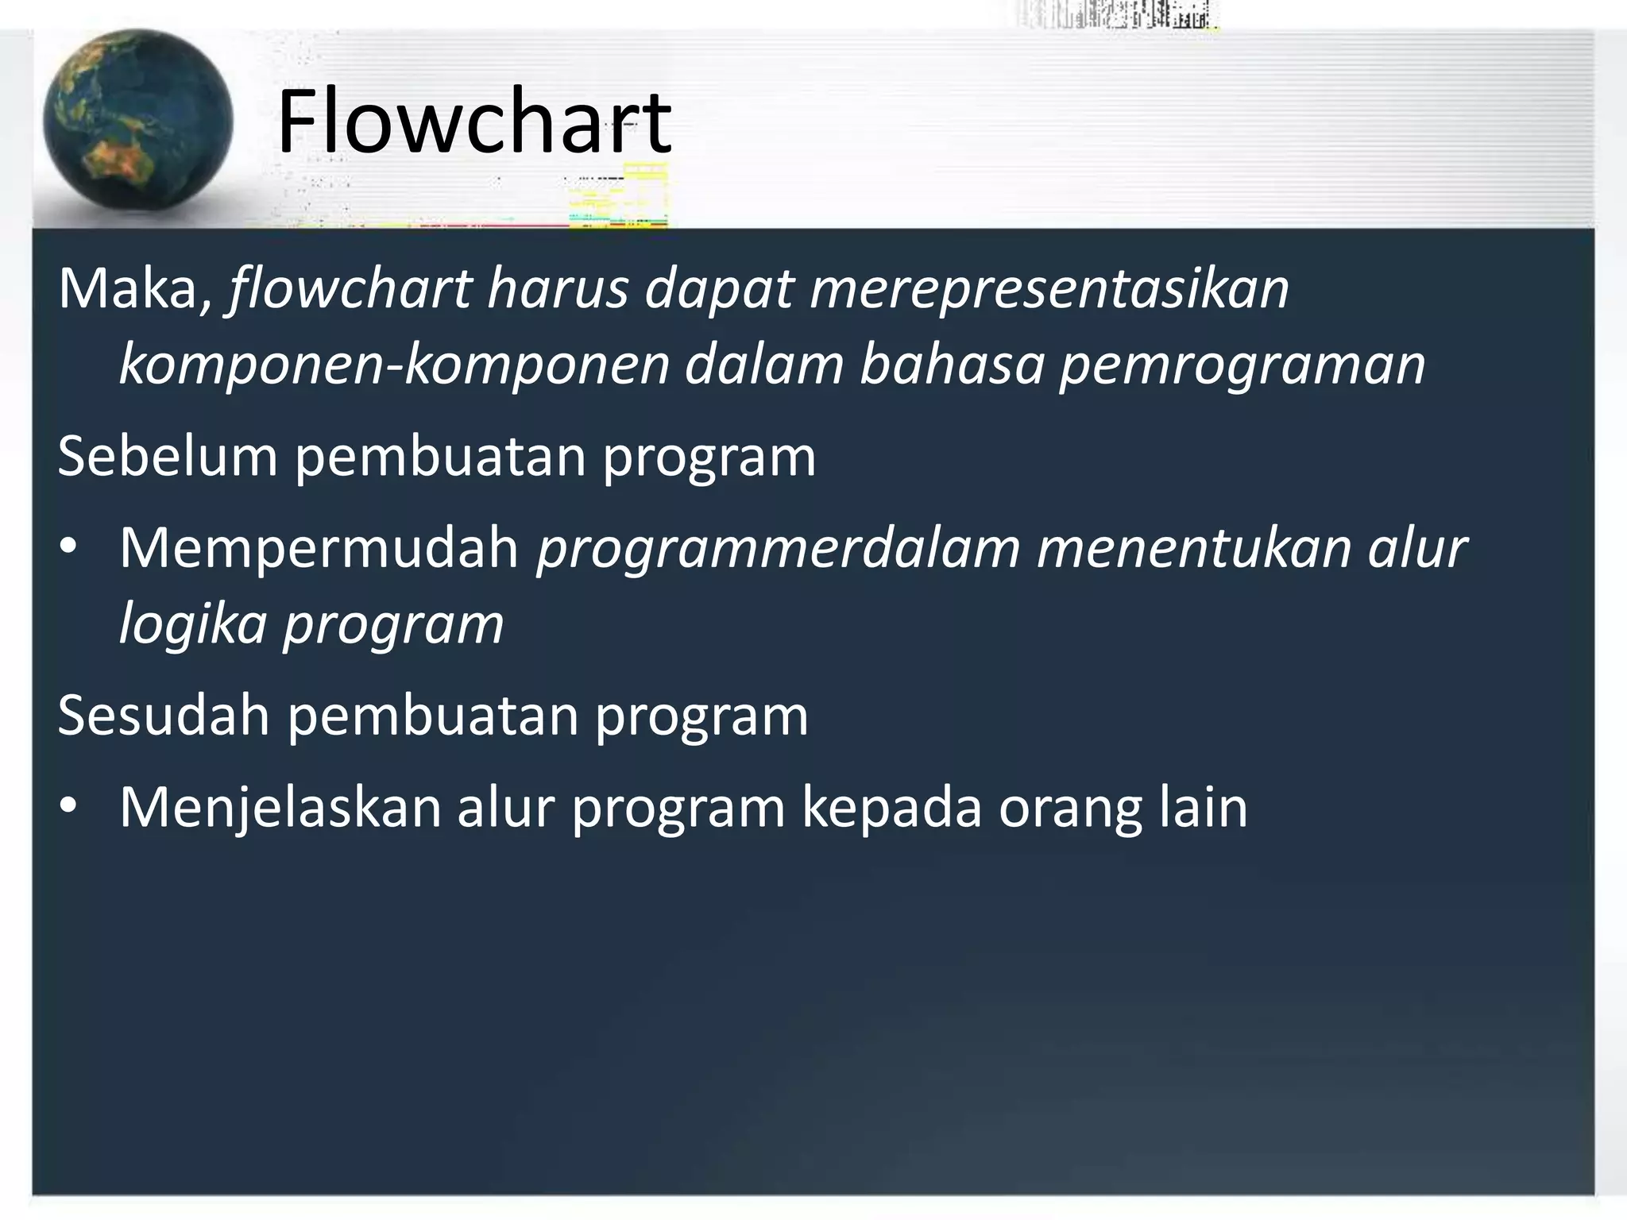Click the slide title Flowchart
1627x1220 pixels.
coord(474,123)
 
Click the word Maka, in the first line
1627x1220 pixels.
coord(136,288)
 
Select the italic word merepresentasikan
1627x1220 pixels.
coord(1049,288)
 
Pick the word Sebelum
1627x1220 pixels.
coord(168,457)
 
